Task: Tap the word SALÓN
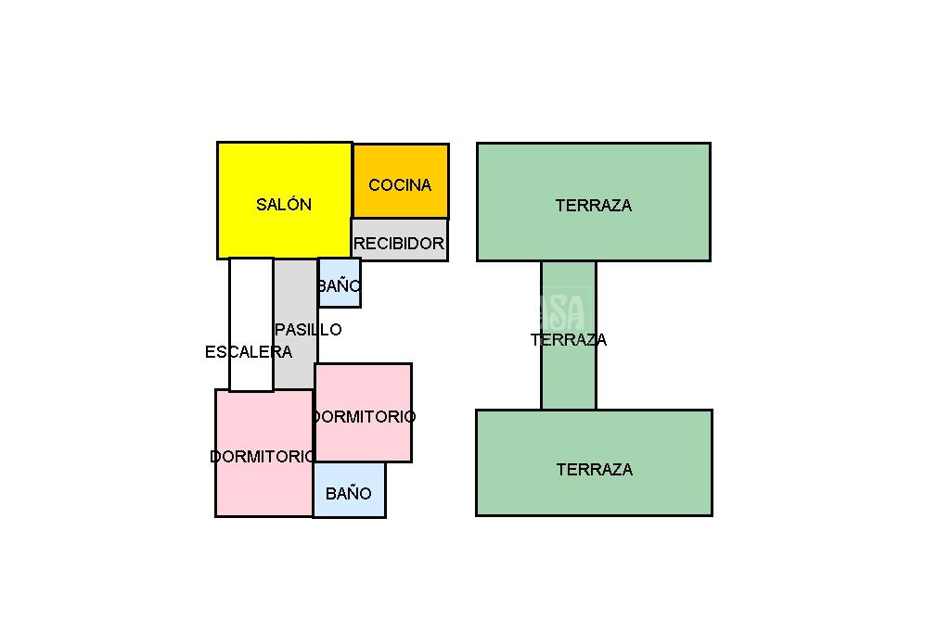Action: click(x=284, y=205)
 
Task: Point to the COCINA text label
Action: click(x=400, y=185)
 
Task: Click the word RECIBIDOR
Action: click(x=399, y=244)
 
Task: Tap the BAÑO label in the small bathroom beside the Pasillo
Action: click(x=339, y=286)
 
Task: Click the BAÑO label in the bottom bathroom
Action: click(x=349, y=494)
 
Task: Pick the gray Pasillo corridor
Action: click(x=295, y=361)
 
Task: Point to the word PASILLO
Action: click(x=308, y=330)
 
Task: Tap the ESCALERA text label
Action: click(x=249, y=352)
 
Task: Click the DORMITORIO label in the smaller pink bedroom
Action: click(x=364, y=417)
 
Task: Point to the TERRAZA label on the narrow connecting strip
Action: click(x=569, y=340)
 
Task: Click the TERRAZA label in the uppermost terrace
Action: click(x=594, y=206)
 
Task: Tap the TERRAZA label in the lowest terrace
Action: click(x=594, y=470)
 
